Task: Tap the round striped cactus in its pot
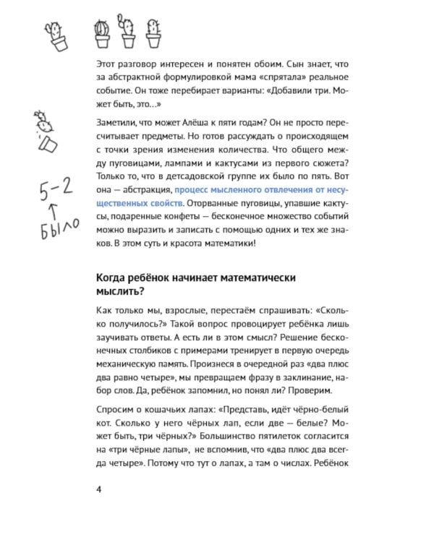102,30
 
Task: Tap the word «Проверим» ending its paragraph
313,391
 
